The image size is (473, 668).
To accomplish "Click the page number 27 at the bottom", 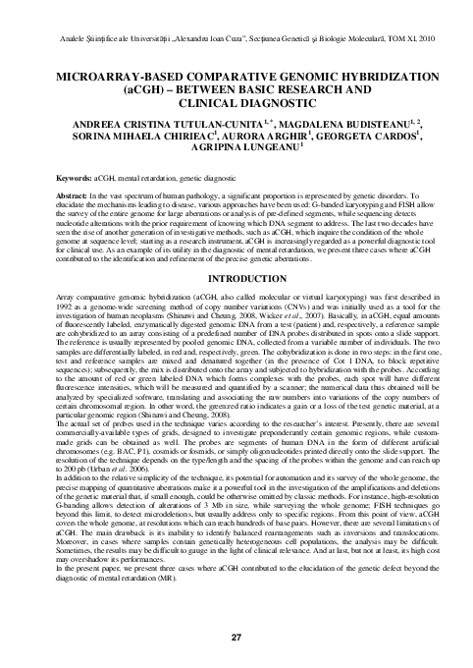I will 236,640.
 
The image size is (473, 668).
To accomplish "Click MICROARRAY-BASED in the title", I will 116,74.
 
